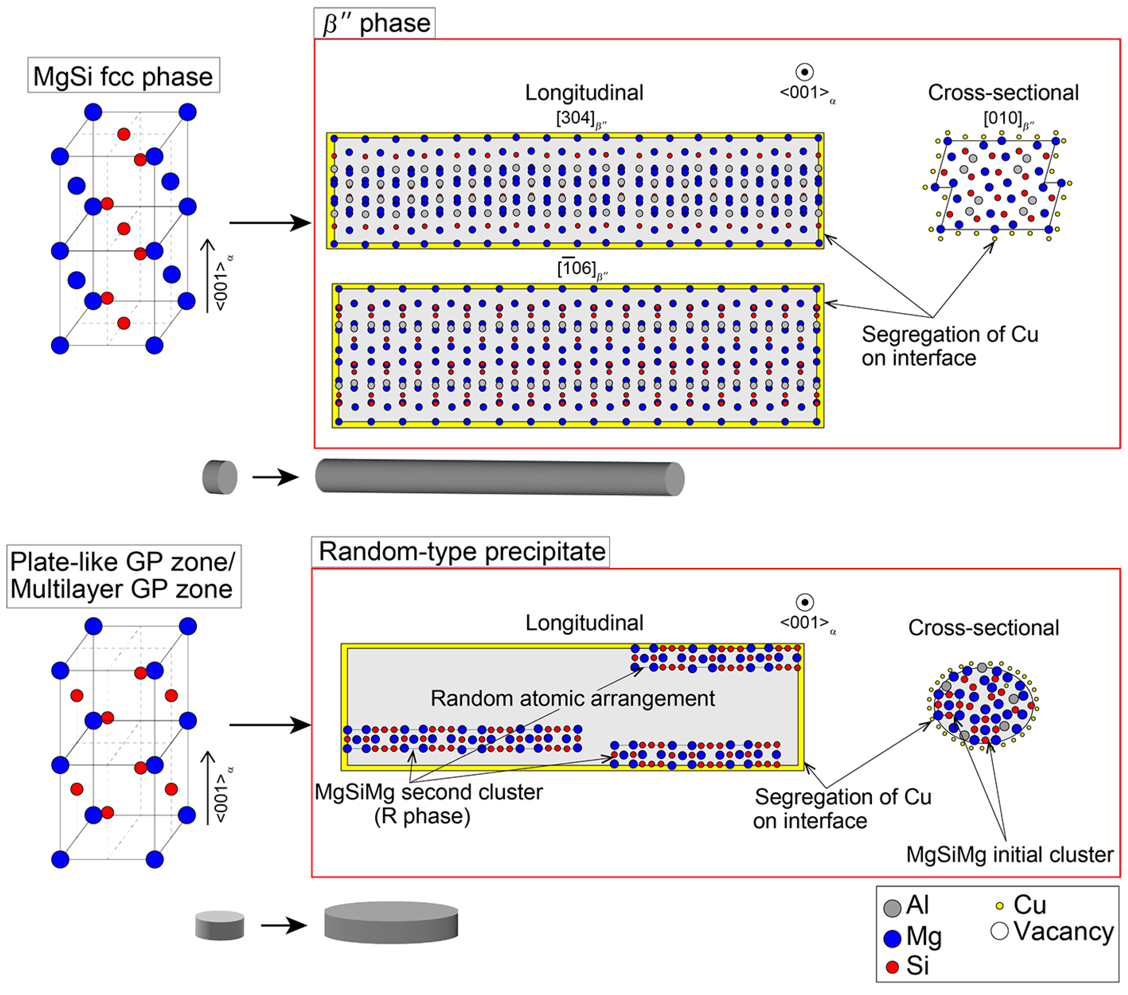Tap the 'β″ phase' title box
coord(375,23)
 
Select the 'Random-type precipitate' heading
coord(461,551)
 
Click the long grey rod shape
coord(499,477)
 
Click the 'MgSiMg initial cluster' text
coord(1009,854)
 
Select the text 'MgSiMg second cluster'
coord(428,792)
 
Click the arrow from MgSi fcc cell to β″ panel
coord(269,223)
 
